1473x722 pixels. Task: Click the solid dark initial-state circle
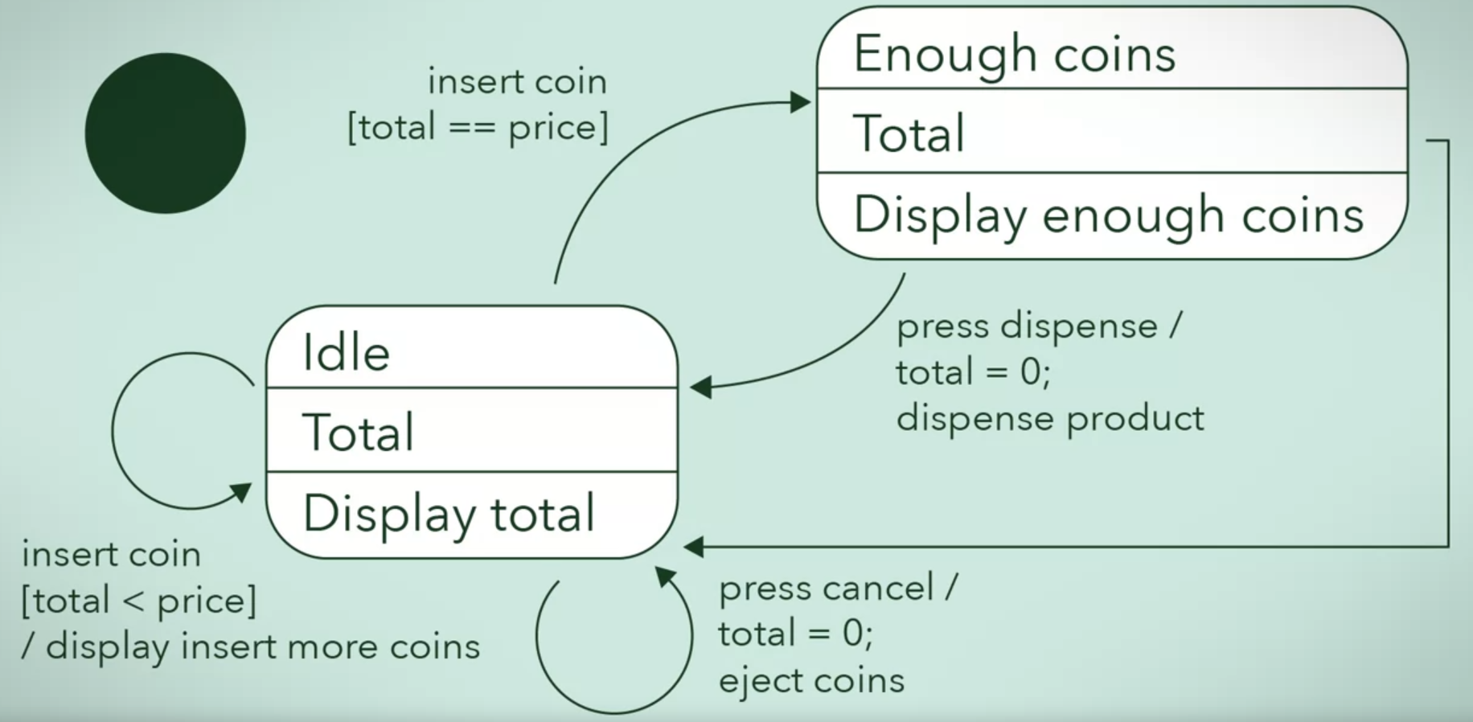[166, 133]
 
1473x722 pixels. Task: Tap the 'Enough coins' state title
[1014, 55]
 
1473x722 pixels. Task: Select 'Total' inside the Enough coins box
[909, 133]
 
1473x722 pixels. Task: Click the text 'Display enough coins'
[1108, 215]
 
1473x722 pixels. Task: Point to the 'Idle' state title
[346, 352]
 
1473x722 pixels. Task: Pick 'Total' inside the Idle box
[358, 433]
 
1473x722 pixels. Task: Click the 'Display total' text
[449, 514]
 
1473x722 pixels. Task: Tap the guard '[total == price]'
[478, 127]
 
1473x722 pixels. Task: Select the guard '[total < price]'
[139, 601]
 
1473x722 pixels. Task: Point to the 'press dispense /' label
[1039, 326]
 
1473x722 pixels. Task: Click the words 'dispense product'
[1050, 418]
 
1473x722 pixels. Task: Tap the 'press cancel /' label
[838, 588]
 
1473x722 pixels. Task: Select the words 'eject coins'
[811, 681]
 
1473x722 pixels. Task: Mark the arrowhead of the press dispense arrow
[700, 388]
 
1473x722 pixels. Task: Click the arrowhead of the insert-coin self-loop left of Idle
[242, 491]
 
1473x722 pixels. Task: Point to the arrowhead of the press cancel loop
[665, 576]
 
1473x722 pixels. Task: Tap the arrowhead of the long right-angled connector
[693, 548]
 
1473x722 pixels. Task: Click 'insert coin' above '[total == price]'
[517, 81]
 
